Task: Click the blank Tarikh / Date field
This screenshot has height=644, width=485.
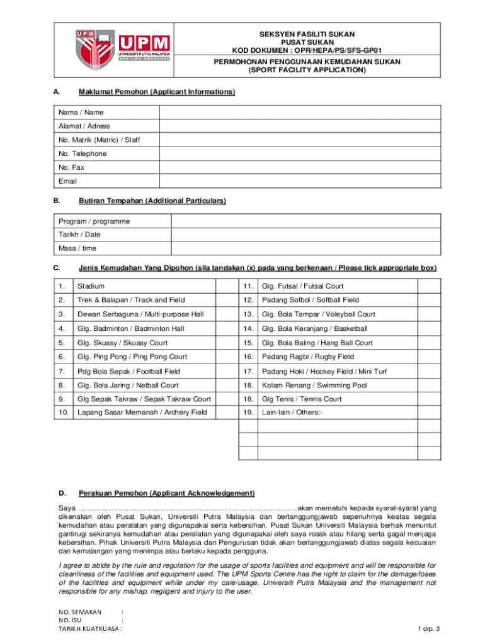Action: coord(305,235)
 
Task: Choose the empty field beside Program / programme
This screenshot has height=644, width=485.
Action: coord(305,221)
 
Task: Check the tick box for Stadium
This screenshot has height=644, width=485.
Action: coord(225,286)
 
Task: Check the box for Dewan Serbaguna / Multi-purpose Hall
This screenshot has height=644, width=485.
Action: coord(225,314)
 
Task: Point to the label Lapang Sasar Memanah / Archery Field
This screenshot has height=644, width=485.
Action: coord(142,413)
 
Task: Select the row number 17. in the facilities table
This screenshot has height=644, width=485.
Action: coord(248,371)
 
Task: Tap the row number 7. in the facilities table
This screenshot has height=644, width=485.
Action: coord(62,371)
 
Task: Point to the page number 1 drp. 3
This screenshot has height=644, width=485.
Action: coord(428,629)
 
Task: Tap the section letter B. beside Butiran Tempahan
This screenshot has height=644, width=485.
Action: coord(57,201)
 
